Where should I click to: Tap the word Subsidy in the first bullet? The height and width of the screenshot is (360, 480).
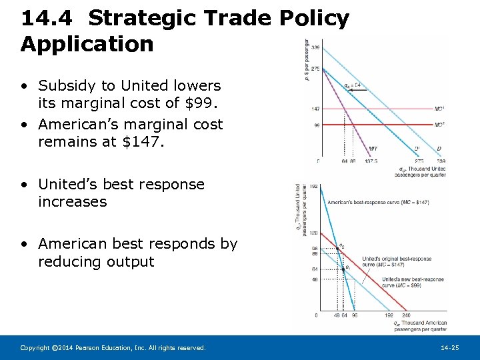[x=69, y=86]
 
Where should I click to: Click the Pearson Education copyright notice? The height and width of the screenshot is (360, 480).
[x=113, y=348]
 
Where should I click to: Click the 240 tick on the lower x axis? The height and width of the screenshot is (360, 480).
[x=407, y=315]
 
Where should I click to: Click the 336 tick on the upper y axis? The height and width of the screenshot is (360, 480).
[x=315, y=47]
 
